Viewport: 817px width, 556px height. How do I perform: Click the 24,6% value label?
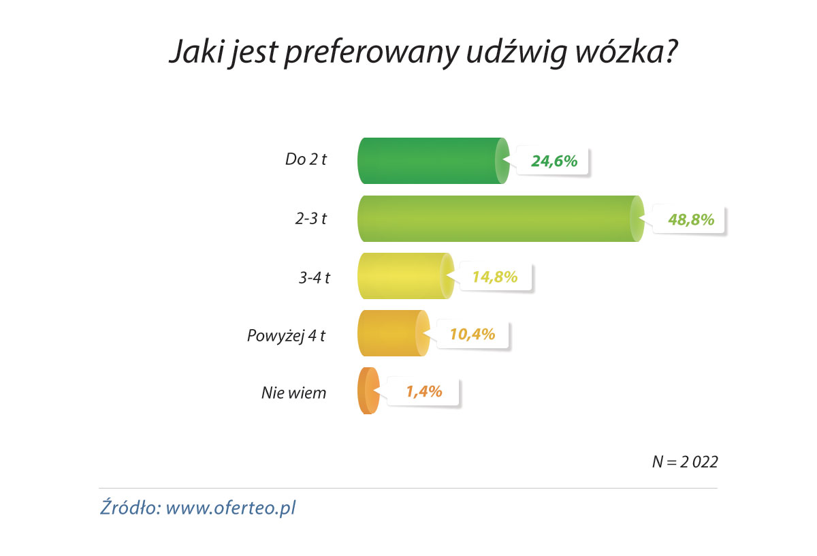554,161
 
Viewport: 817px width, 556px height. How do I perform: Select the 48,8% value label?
690,219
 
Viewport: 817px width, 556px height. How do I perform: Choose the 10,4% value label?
471,335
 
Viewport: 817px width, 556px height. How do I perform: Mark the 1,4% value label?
424,392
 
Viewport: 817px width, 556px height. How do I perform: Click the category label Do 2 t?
306,161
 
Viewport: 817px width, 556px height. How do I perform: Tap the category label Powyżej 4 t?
285,335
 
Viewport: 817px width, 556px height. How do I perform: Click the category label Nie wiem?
294,392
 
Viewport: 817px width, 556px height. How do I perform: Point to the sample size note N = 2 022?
685,461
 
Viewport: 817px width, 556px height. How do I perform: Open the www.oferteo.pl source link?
231,508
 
